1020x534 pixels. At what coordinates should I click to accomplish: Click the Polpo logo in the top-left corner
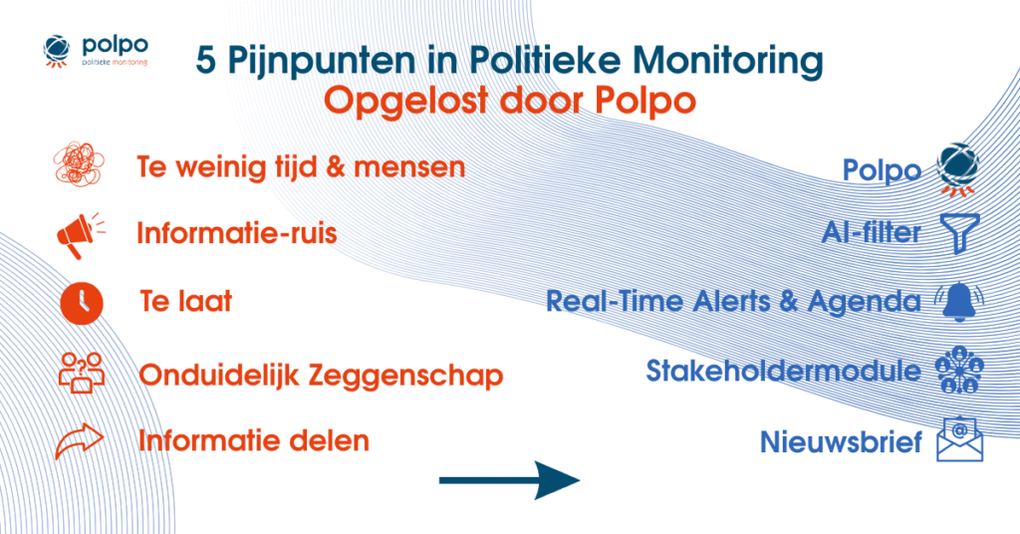click(x=96, y=53)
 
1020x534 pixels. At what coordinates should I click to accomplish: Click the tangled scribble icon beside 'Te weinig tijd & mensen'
click(x=77, y=163)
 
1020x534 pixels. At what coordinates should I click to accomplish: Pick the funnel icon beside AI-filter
click(x=959, y=233)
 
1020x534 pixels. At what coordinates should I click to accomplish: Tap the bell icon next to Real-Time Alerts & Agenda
click(x=959, y=301)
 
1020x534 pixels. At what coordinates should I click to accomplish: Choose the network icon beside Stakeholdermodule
click(x=959, y=371)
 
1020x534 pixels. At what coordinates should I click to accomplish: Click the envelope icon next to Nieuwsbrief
click(x=959, y=439)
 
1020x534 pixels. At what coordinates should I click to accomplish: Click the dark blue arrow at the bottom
click(x=509, y=481)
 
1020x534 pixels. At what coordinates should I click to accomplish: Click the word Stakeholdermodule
click(x=783, y=371)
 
